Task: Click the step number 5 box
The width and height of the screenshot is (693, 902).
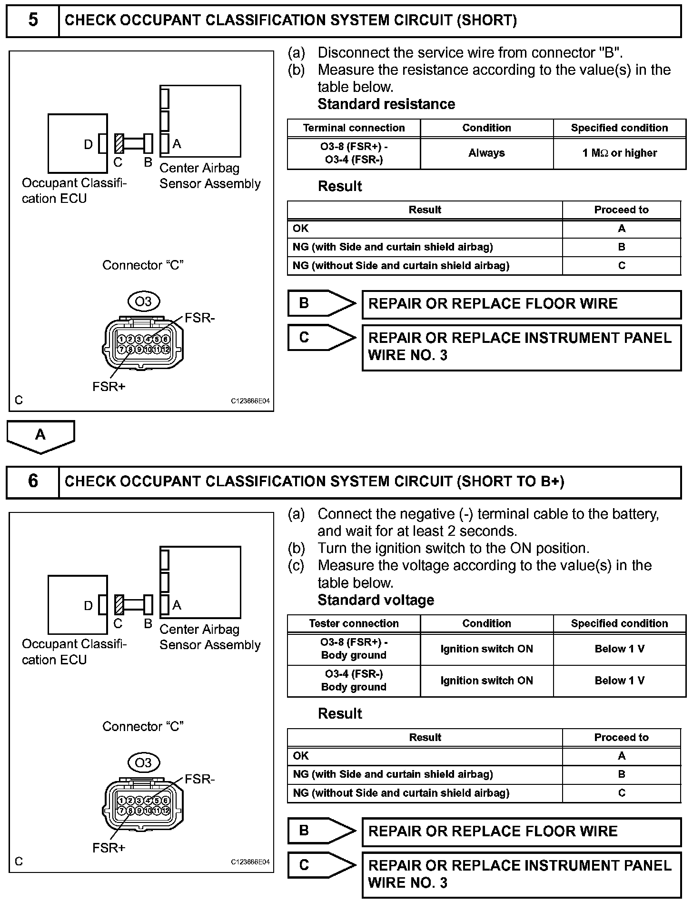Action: tap(32, 20)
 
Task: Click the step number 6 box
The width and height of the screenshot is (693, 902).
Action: tap(32, 481)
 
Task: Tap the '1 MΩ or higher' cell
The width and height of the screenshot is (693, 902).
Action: tap(619, 153)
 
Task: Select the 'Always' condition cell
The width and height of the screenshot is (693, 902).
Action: tap(486, 153)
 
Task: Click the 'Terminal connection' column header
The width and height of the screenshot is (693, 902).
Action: tap(354, 128)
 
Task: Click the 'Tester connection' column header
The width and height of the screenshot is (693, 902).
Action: tap(354, 623)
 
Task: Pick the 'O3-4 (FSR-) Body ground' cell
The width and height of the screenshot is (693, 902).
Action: tap(354, 681)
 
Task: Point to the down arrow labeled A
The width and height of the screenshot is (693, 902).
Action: tap(40, 436)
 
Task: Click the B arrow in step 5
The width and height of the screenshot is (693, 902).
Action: tap(321, 303)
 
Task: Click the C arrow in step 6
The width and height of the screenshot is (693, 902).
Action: tap(321, 865)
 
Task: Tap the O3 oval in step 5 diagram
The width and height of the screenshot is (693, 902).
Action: tap(143, 301)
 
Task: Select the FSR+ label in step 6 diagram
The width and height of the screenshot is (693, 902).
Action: tap(109, 848)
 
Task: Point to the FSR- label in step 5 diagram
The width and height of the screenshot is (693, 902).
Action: tap(200, 318)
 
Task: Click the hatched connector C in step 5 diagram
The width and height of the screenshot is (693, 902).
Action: tap(119, 143)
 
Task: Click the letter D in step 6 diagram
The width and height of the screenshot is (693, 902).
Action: tap(88, 605)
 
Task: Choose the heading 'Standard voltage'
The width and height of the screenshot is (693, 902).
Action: tap(376, 600)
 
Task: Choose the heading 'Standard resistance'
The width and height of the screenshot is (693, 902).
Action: tap(386, 104)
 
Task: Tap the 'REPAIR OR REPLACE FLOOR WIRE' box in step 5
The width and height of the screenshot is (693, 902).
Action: tap(521, 304)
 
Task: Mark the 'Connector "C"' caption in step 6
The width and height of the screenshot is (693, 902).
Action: tap(143, 726)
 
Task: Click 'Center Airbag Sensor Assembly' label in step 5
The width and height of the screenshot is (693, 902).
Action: tap(209, 176)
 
